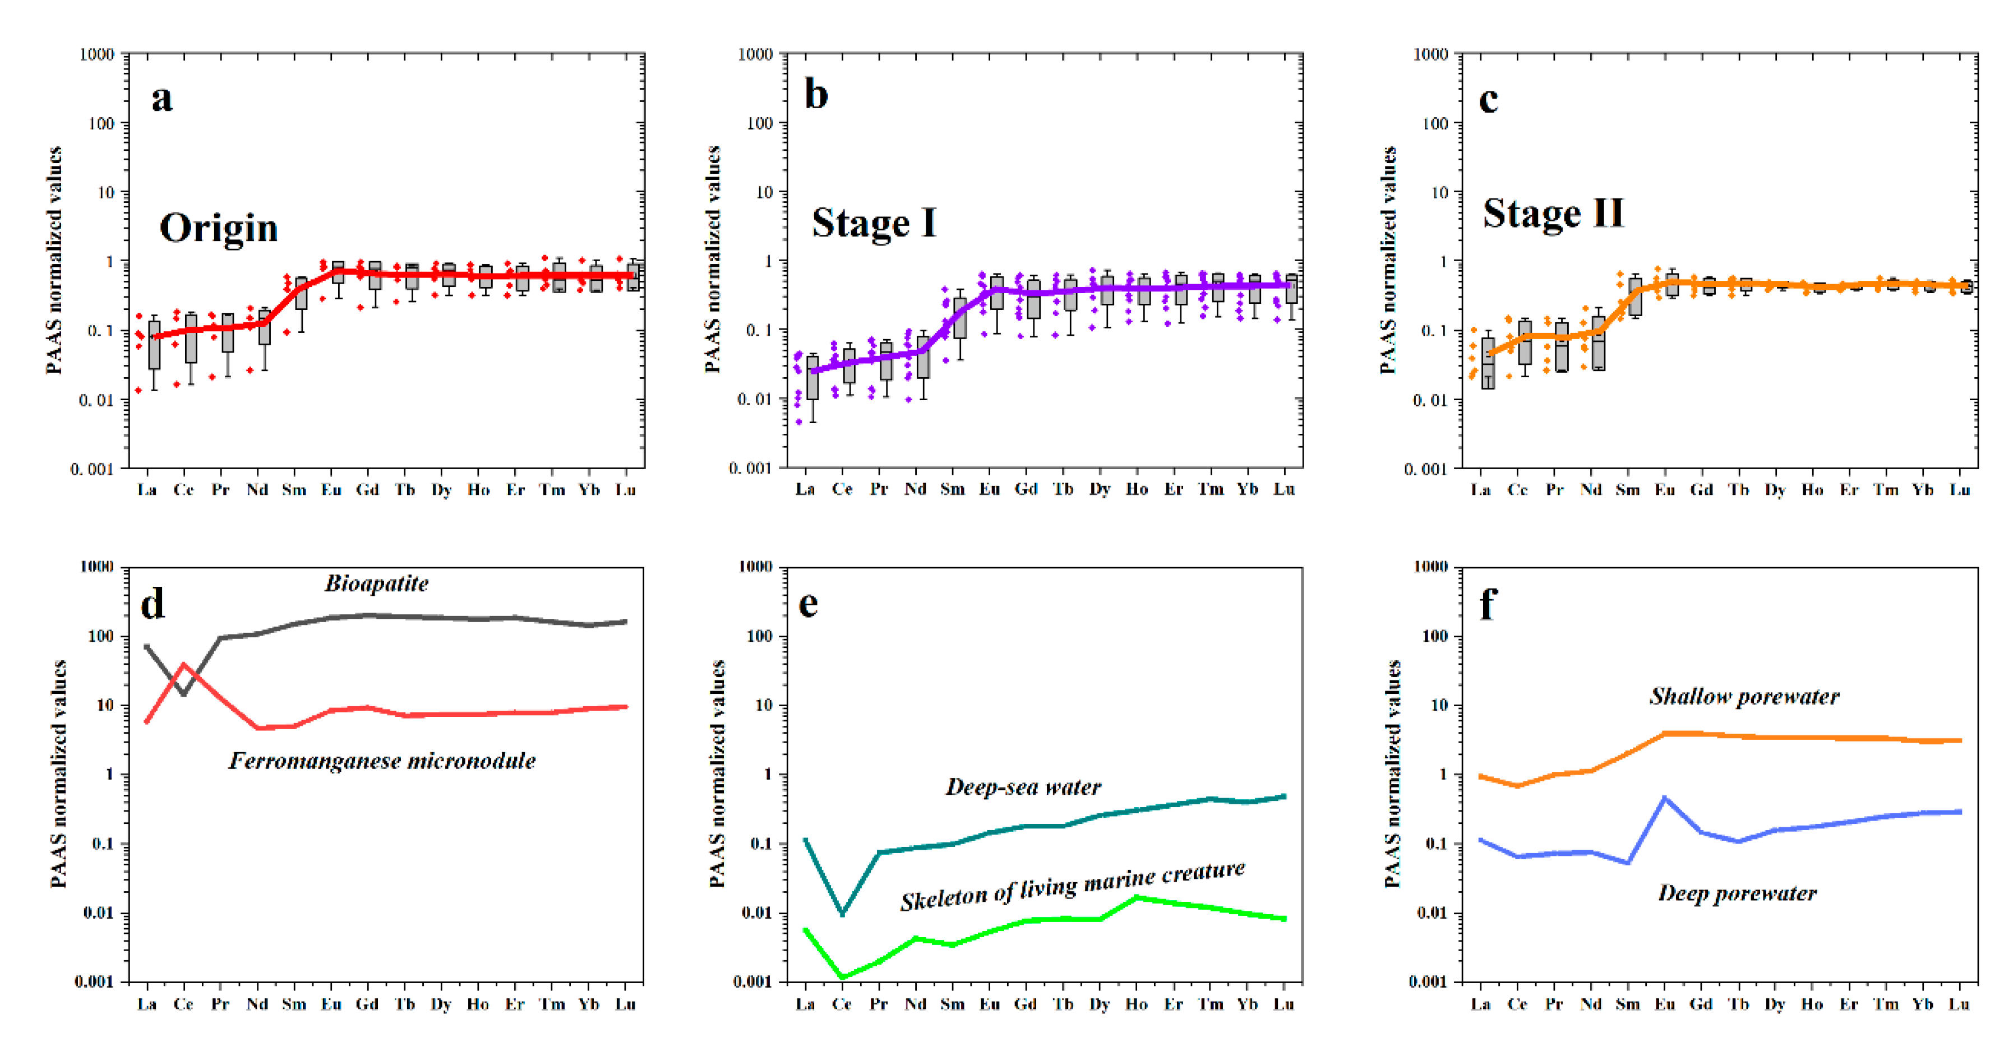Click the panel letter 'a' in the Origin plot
coord(162,99)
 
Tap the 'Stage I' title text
coord(874,223)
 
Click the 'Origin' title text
coord(219,229)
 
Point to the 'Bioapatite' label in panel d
coord(377,583)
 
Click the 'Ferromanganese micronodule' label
coord(382,761)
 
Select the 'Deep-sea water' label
coord(1023,787)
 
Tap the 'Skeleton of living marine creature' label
coord(1072,887)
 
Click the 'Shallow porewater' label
coord(1744,696)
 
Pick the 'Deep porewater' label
coord(1737,893)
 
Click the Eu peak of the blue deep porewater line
coord(1664,798)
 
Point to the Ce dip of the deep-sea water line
coord(843,913)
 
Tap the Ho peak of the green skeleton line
coord(1137,898)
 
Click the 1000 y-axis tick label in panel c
coord(1430,54)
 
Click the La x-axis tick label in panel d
coord(147,1004)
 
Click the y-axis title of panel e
coord(717,774)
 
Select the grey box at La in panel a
coord(154,346)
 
